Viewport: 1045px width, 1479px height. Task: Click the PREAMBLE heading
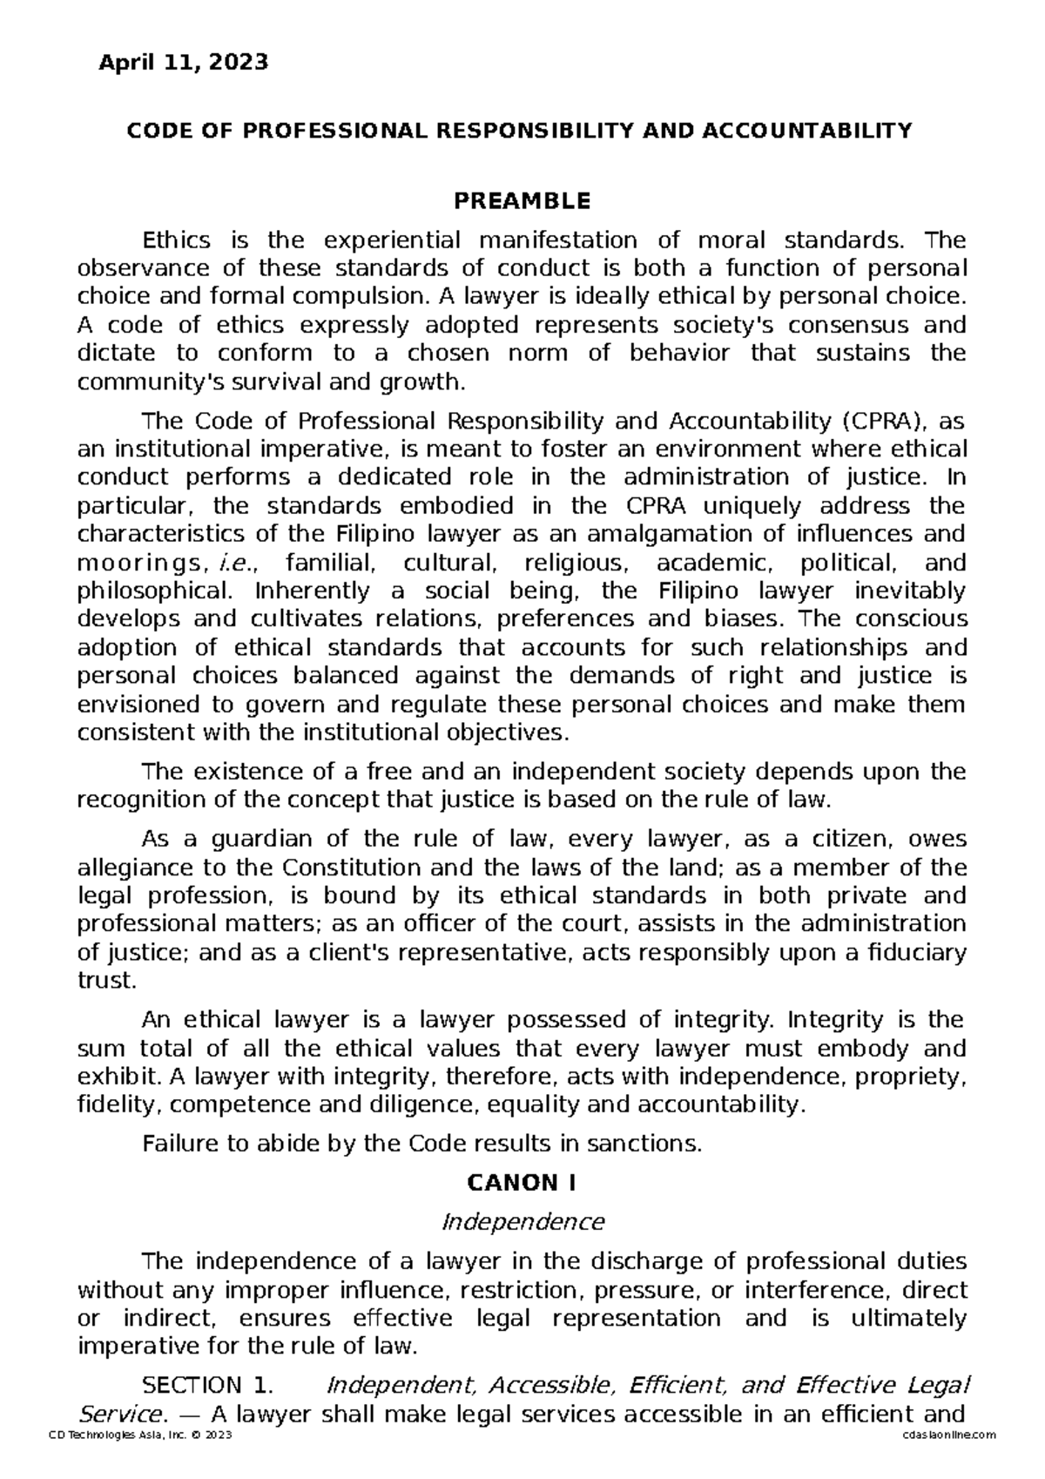[x=522, y=202]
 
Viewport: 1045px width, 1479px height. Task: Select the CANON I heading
[x=522, y=1183]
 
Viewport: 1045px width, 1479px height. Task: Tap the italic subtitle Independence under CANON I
[x=522, y=1222]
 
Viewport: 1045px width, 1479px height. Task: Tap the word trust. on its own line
[x=107, y=982]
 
